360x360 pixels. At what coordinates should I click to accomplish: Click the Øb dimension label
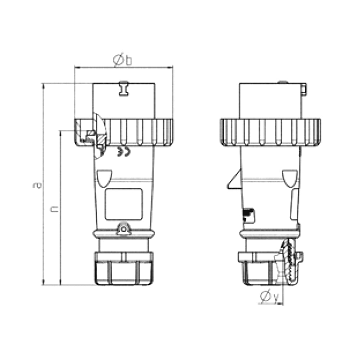pos(122,60)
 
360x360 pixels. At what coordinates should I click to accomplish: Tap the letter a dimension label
pos(37,185)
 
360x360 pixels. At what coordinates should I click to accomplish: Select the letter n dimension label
pos(54,209)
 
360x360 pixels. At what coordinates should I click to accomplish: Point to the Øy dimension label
pos(269,296)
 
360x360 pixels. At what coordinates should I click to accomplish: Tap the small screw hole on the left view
pos(124,229)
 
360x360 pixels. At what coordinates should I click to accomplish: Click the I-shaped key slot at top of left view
pos(124,89)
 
